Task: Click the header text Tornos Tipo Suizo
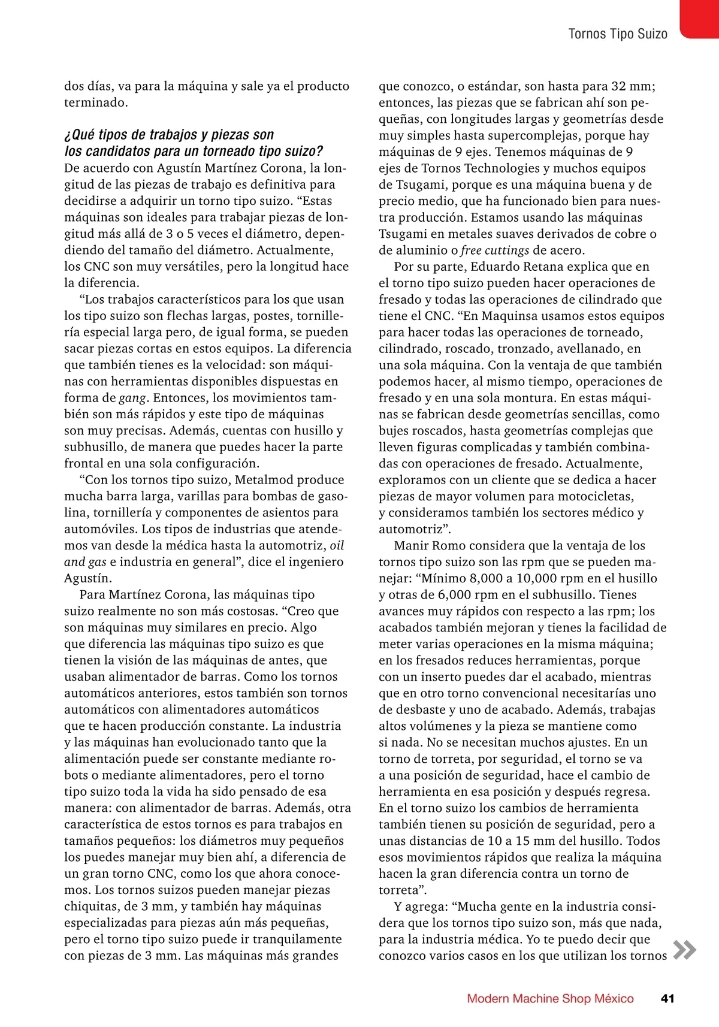pyautogui.click(x=618, y=34)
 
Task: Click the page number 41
pyautogui.click(x=667, y=998)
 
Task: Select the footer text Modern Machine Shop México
pyautogui.click(x=550, y=998)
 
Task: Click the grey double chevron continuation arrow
pyautogui.click(x=684, y=950)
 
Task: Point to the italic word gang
pyautogui.click(x=132, y=398)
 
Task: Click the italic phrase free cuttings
pyautogui.click(x=495, y=250)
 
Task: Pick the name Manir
pyautogui.click(x=413, y=545)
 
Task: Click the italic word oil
pyautogui.click(x=337, y=545)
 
